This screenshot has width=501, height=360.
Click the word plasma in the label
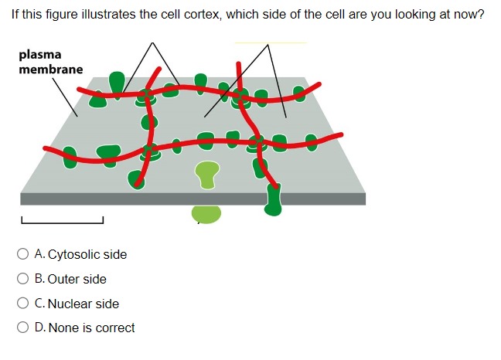point(39,55)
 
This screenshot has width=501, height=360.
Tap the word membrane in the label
point(50,70)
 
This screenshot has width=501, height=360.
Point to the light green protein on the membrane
point(206,174)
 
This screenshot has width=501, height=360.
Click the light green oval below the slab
point(206,214)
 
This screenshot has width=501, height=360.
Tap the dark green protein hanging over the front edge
point(273,200)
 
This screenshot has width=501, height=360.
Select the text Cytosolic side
point(87,254)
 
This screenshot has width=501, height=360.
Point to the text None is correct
point(91,328)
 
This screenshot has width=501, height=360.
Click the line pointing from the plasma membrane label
point(65,97)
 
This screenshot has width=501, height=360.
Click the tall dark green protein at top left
point(117,81)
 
